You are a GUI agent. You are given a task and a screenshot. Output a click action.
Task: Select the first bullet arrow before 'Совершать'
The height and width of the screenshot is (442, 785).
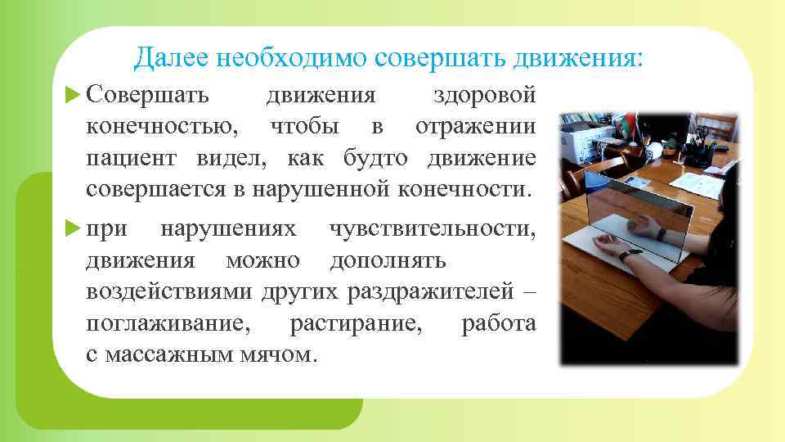click(70, 95)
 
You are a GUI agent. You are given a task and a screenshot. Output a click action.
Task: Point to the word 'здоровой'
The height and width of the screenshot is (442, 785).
click(484, 96)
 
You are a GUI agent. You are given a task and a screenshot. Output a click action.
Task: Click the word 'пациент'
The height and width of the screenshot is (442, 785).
click(133, 158)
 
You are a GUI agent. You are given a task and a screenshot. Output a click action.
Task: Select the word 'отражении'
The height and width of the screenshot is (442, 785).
click(476, 127)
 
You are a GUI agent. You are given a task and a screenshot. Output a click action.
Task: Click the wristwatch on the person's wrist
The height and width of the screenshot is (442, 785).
click(626, 255)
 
